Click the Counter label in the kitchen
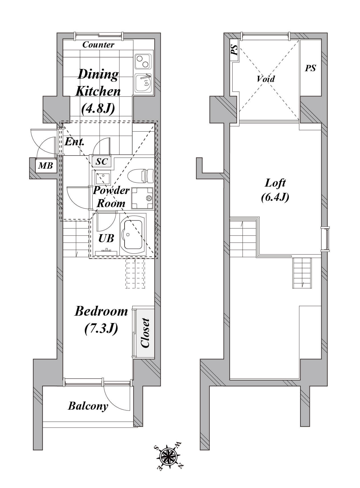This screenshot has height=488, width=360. [98, 45]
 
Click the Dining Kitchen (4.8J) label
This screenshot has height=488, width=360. [98, 91]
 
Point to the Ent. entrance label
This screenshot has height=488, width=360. [74, 142]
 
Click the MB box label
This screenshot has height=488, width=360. [45, 166]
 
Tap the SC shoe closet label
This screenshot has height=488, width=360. [102, 162]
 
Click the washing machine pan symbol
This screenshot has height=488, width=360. [142, 198]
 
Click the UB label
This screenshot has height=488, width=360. [106, 238]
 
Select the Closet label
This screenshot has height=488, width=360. [145, 333]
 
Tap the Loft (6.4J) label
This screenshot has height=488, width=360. [275, 190]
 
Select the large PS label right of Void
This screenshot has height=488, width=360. [310, 68]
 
